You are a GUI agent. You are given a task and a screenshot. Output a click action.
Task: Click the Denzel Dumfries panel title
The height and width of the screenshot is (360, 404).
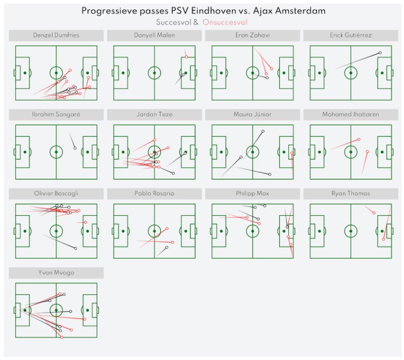pyautogui.click(x=56, y=35)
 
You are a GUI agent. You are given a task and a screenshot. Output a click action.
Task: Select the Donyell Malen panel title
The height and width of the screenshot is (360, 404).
pyautogui.click(x=154, y=35)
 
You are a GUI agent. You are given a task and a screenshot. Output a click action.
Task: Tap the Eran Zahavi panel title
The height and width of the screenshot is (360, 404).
pyautogui.click(x=252, y=35)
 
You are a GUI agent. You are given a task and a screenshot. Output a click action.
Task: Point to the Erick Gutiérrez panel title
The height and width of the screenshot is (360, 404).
pyautogui.click(x=351, y=35)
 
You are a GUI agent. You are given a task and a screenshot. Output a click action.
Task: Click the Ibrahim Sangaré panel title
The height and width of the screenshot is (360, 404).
pyautogui.click(x=56, y=115)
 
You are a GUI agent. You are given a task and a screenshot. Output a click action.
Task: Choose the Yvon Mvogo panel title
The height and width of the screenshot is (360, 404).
pyautogui.click(x=56, y=273)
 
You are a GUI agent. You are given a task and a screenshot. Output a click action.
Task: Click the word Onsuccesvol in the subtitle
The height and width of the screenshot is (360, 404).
pyautogui.click(x=225, y=23)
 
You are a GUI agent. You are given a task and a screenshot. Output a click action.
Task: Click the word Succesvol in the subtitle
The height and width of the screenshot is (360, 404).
pyautogui.click(x=174, y=23)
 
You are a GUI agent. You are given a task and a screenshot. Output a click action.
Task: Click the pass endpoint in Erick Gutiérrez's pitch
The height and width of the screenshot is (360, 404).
pyautogui.click(x=380, y=53)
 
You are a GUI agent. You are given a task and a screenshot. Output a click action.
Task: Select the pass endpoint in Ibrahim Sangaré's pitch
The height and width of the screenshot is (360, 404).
pyautogui.click(x=75, y=148)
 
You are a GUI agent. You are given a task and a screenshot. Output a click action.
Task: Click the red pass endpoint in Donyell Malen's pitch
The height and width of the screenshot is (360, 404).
pyautogui.click(x=186, y=57)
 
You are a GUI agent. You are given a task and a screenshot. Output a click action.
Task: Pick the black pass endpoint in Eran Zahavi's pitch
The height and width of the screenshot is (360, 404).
pyautogui.click(x=267, y=77)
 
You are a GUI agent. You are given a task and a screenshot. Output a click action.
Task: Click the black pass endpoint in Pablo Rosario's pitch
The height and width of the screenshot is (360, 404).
pyautogui.click(x=167, y=247)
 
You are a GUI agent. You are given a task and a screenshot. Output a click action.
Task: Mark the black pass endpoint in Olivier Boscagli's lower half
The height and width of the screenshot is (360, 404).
pyautogui.click(x=76, y=248)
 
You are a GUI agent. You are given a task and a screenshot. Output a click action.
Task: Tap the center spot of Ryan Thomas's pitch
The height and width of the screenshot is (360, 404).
pyautogui.click(x=351, y=232)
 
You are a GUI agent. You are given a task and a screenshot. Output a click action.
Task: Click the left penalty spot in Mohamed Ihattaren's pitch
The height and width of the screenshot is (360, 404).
pyautogui.click(x=319, y=152)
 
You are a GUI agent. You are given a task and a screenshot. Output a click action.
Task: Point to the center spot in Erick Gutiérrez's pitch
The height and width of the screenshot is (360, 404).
pyautogui.click(x=351, y=73)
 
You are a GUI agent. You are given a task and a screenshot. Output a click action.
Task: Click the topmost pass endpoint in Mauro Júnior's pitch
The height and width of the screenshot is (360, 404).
pyautogui.click(x=263, y=131)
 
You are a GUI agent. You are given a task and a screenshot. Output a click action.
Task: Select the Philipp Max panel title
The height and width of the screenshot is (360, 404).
pyautogui.click(x=252, y=194)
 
